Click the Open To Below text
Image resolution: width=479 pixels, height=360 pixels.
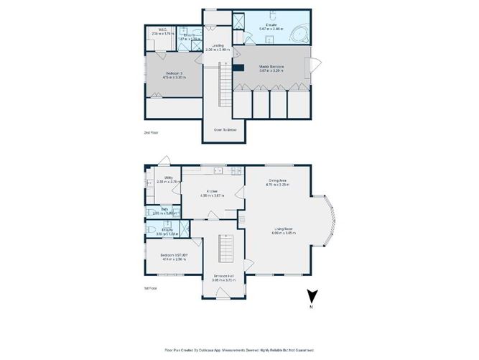[226, 130]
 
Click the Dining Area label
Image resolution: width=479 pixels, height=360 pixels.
[279, 183]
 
